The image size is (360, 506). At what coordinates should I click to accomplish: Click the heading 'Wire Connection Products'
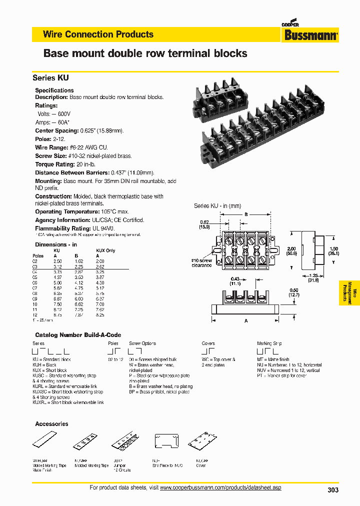(x=98, y=34)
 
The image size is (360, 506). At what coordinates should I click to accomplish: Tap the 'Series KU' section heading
(x=50, y=78)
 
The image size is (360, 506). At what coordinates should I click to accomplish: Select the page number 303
(x=332, y=490)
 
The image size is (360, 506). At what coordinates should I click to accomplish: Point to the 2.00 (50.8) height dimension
(x=291, y=250)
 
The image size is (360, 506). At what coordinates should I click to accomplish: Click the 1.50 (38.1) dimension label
(x=333, y=250)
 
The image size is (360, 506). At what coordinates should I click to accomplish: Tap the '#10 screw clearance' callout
(x=202, y=263)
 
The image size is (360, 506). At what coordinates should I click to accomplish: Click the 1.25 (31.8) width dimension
(x=313, y=277)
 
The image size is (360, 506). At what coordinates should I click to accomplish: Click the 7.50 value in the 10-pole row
(x=58, y=303)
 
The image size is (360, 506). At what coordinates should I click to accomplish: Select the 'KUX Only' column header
(x=105, y=250)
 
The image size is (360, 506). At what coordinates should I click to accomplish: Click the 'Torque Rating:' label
(x=54, y=164)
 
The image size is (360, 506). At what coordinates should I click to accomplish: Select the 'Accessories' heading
(x=51, y=423)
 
